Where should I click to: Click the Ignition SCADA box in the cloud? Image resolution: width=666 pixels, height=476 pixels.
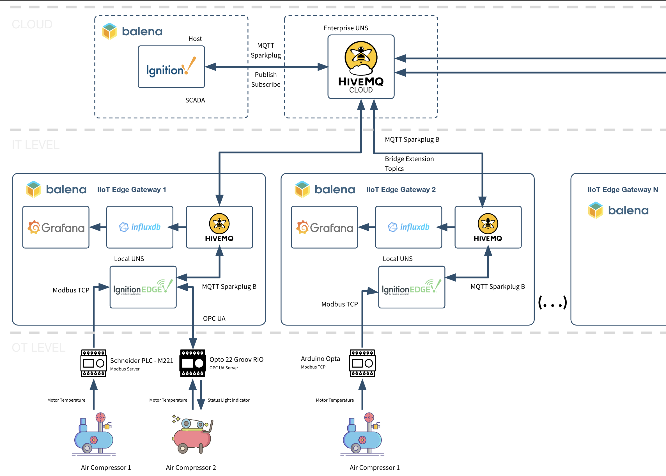point(171,67)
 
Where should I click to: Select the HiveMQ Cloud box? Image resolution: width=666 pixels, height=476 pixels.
point(361,67)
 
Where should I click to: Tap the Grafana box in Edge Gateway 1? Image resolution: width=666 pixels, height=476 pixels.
point(56,227)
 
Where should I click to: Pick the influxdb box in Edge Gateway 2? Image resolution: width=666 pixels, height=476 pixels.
point(408,227)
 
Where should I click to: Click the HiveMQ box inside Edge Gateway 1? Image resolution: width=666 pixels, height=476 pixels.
point(219,227)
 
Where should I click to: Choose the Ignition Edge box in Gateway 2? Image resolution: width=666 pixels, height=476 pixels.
point(411,287)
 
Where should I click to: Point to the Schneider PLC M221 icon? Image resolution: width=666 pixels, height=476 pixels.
point(93,363)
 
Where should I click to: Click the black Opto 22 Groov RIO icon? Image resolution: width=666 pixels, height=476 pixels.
point(192,363)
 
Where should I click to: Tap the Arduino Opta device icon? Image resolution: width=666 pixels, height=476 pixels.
point(362,363)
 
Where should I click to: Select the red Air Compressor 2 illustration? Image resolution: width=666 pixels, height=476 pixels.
point(192,434)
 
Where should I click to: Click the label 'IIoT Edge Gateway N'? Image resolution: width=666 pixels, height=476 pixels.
point(623,190)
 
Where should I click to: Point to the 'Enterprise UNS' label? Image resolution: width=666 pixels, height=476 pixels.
point(345,28)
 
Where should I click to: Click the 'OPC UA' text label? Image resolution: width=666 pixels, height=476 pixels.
point(214,319)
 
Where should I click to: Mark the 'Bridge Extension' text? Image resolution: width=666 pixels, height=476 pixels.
point(409,159)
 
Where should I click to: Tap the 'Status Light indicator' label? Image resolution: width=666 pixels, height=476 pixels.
point(229,400)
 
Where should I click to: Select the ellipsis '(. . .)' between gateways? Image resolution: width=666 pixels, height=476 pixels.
point(552,302)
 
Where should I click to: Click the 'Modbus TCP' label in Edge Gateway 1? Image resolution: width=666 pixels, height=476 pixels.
point(71,290)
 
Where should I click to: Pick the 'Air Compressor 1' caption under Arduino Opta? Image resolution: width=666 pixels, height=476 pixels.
point(375,468)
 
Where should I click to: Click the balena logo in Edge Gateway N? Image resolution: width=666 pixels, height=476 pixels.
point(618,210)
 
